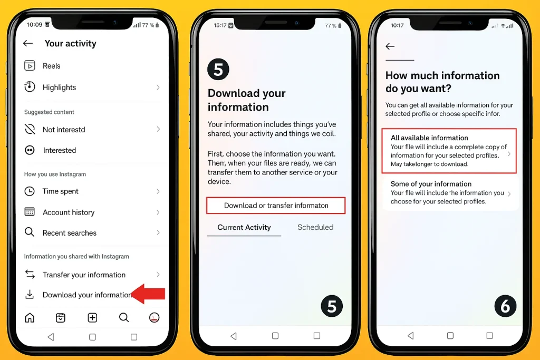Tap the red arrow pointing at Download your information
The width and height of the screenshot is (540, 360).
coord(148,294)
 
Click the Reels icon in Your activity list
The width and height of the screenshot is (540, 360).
coord(30,65)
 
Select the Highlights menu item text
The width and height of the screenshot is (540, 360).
coord(59,87)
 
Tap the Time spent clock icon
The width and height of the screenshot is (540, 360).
coord(30,191)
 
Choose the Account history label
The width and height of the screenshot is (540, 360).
coord(69,212)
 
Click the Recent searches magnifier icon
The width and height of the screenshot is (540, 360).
coord(30,232)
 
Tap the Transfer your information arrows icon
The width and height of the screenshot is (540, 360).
coord(30,274)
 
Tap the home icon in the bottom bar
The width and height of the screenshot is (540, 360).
coord(30,317)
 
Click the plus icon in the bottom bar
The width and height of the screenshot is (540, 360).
coord(92,317)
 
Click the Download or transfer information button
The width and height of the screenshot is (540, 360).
coord(276,206)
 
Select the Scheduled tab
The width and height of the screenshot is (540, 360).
coord(315,227)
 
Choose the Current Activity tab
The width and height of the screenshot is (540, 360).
coord(244,227)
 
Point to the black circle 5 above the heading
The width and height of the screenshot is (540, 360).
coord(218,69)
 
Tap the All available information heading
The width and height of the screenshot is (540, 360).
coord(429,138)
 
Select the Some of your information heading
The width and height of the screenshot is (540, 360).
coord(431,184)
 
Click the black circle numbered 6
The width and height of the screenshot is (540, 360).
coord(505,306)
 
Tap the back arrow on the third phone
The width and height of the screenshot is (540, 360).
coord(390,46)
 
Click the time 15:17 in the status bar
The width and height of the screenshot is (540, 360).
coord(220,25)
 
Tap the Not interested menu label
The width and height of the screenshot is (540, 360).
coord(64,130)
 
